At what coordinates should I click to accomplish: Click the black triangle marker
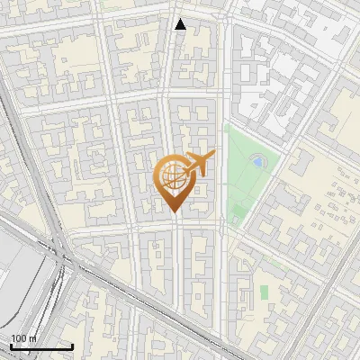(x=180, y=24)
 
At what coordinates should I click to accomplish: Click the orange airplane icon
(x=198, y=164)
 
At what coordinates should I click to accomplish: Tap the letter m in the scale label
(x=33, y=338)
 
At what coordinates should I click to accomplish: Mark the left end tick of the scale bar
(x=11, y=346)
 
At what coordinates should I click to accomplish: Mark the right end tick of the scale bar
(x=72, y=346)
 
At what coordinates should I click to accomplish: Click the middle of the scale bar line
(x=41, y=346)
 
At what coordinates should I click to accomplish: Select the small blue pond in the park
(x=258, y=163)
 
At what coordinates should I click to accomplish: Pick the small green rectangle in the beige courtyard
(x=264, y=292)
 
